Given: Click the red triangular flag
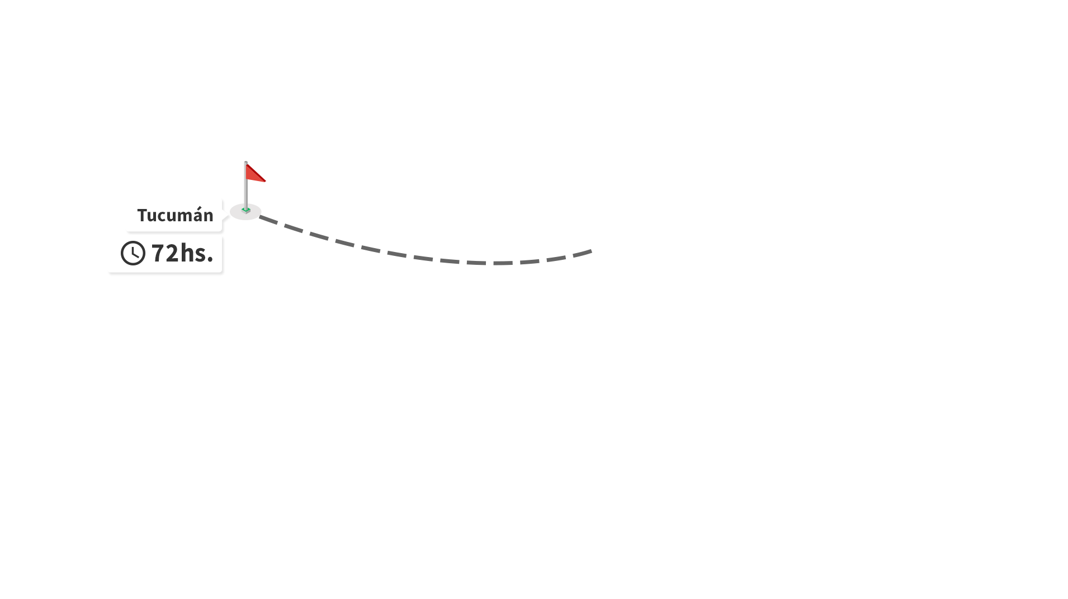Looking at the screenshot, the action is click(x=254, y=173).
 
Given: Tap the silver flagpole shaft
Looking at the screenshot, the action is click(x=245, y=186).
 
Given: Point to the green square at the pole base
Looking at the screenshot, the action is click(x=245, y=210).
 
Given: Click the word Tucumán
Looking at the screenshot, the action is click(x=175, y=215).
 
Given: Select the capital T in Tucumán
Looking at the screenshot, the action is click(x=142, y=215).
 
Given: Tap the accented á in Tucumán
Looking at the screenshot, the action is click(x=194, y=215).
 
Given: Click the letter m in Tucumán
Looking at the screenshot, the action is click(x=179, y=217).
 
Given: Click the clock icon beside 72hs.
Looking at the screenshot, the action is click(x=133, y=253).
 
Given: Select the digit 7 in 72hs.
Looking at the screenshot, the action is click(x=158, y=253).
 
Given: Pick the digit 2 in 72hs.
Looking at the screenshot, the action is click(x=172, y=253).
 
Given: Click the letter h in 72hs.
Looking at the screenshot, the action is click(x=187, y=252).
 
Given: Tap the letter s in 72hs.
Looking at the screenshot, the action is click(x=200, y=255).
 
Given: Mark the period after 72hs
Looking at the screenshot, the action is click(x=210, y=259).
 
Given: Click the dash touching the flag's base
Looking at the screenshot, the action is click(x=268, y=220).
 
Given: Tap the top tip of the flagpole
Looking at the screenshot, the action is click(x=245, y=162).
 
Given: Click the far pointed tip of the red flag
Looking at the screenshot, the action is click(x=266, y=181).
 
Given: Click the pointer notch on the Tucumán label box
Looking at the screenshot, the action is click(x=225, y=215).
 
